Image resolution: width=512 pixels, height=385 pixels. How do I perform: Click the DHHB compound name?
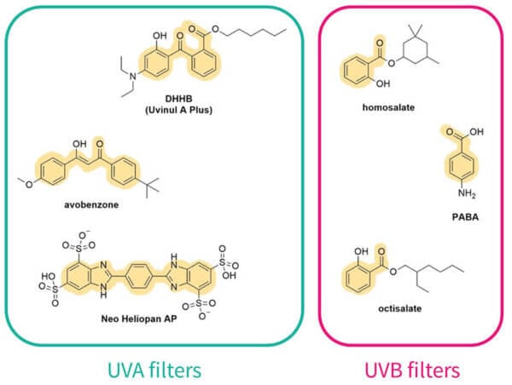[x=178, y=99]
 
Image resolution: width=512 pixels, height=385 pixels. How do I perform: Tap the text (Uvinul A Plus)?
[x=178, y=110]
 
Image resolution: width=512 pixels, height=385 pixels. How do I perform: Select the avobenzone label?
[x=91, y=205]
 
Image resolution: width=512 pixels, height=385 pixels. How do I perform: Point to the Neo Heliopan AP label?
[x=139, y=319]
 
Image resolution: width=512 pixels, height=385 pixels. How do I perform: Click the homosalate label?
[x=388, y=107]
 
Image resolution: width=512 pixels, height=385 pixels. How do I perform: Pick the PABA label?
[x=465, y=217]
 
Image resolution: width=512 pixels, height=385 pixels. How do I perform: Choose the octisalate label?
[x=399, y=308]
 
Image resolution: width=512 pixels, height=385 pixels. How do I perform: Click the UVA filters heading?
[x=154, y=371]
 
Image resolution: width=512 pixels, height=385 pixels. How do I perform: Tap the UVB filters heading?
[x=412, y=371]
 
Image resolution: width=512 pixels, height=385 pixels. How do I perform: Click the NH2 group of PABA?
[x=467, y=193]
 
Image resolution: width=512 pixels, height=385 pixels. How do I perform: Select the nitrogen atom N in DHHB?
[x=132, y=77]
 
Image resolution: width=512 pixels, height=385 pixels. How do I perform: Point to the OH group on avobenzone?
[x=79, y=144]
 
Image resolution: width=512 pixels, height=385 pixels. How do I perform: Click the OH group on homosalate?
[x=383, y=83]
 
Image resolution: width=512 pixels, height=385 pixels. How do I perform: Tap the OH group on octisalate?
[x=361, y=251]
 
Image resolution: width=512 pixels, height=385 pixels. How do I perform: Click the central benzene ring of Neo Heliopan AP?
[x=138, y=276]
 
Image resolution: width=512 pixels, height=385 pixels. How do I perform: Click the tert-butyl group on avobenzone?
[x=150, y=187]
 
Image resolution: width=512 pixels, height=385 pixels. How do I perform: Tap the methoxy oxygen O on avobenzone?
[x=29, y=185]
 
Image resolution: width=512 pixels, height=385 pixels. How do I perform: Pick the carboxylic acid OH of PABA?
[x=476, y=132]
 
